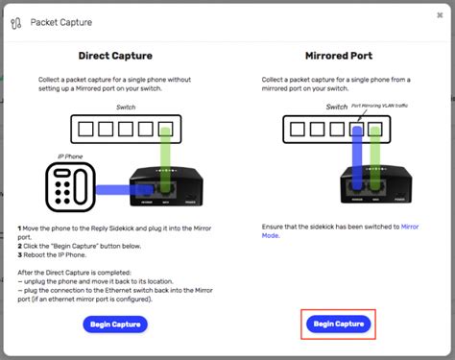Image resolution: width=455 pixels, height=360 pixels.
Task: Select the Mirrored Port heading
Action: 339,56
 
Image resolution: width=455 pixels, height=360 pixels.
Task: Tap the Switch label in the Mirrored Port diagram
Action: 336,108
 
